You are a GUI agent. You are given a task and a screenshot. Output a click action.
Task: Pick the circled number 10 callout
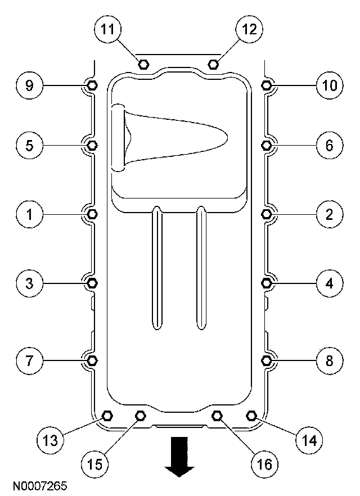click(329, 85)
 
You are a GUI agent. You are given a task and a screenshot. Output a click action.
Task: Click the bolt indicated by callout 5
click(93, 145)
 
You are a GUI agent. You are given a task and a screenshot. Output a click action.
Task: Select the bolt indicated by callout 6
click(267, 145)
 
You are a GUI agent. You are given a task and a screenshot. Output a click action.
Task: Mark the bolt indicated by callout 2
click(267, 214)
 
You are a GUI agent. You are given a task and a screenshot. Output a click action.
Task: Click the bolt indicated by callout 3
click(93, 282)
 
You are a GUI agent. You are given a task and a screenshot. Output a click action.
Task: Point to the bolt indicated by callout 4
click(267, 282)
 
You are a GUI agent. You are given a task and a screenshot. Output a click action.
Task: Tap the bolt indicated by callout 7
click(93, 359)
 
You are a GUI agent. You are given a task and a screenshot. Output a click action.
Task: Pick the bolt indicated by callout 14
click(251, 416)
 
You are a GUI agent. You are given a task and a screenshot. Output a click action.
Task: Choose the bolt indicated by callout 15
click(141, 416)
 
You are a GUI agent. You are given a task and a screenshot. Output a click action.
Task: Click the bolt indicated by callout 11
click(143, 64)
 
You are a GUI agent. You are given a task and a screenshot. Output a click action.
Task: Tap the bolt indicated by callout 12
click(213, 64)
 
